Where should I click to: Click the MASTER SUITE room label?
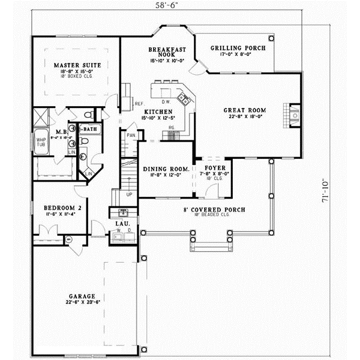(77, 65)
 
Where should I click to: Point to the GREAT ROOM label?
(245, 110)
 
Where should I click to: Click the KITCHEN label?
(158, 112)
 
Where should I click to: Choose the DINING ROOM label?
(166, 169)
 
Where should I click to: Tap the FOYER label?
(214, 168)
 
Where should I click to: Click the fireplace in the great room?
(294, 115)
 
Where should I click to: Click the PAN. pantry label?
(131, 136)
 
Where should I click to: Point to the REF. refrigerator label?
(139, 104)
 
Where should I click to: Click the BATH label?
(90, 128)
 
